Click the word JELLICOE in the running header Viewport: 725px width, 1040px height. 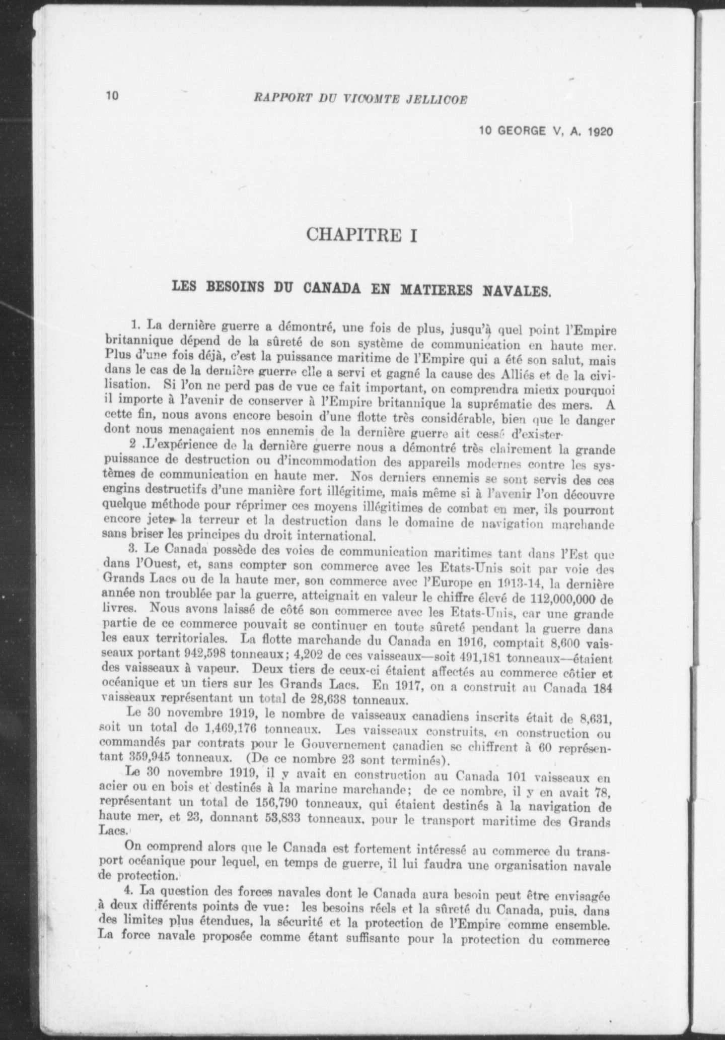tap(442, 99)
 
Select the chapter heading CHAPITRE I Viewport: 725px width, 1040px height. tap(362, 235)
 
